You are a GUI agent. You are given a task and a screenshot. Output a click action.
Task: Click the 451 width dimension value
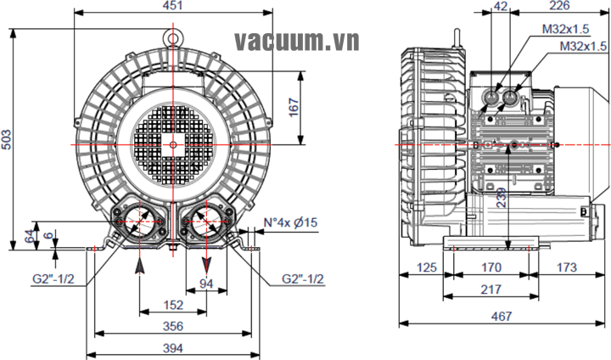172,7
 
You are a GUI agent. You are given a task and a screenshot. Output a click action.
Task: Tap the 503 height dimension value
7,141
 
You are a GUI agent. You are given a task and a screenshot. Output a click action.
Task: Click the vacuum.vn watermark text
297,41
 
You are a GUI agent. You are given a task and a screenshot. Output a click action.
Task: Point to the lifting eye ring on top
173,37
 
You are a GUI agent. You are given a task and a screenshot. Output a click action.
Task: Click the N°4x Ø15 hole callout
291,222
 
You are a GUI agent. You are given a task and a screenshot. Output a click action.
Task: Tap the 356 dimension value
173,325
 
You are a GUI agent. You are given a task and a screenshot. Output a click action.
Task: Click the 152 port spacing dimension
173,304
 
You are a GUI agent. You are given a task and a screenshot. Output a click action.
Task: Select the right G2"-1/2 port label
303,278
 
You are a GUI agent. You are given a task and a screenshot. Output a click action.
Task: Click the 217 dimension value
491,290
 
